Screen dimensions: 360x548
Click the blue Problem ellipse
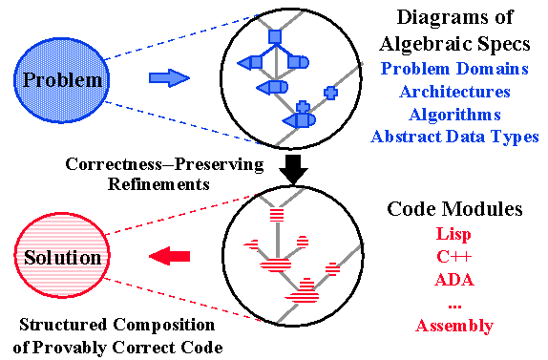point(63,79)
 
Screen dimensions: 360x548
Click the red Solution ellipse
point(62,257)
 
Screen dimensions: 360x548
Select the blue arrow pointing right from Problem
point(172,78)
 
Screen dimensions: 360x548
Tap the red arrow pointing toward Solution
point(172,256)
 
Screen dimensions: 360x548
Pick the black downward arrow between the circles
point(295,169)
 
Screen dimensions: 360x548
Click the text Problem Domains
point(453,69)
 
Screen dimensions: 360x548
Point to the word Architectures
point(454,92)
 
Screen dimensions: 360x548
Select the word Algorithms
point(454,115)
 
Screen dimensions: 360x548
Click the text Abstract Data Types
point(454,137)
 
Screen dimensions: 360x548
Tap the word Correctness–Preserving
point(164,164)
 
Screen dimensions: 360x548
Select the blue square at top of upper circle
point(275,37)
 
